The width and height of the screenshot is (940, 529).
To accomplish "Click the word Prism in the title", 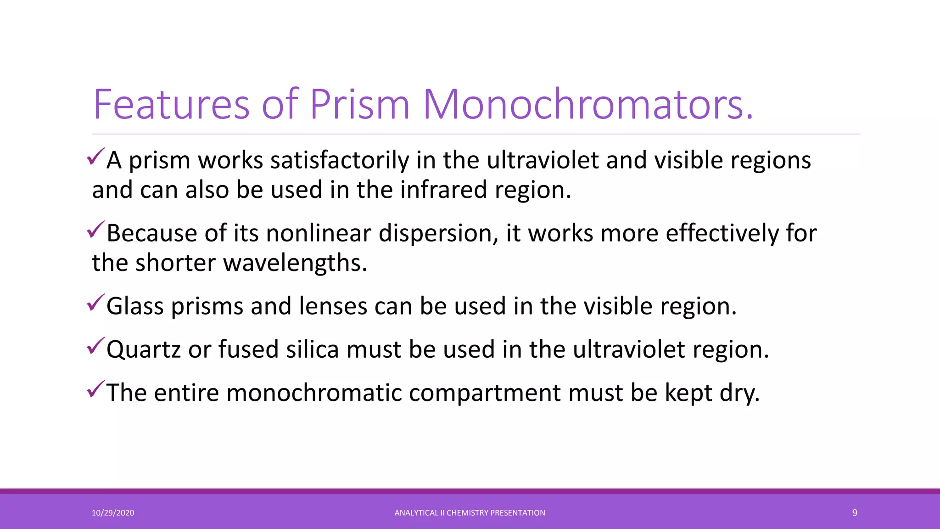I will [359, 105].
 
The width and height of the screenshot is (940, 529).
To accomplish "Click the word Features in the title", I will [171, 105].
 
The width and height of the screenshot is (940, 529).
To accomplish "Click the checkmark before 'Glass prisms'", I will [96, 303].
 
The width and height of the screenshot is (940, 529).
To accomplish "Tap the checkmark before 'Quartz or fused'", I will [96, 346].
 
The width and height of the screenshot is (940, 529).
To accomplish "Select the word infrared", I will [443, 190].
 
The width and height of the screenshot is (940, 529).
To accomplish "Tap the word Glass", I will [135, 306].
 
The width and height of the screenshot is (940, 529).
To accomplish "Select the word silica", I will [313, 349].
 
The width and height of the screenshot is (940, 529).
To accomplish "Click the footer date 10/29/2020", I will [113, 513].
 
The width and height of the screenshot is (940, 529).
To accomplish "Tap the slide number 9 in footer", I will [855, 513].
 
